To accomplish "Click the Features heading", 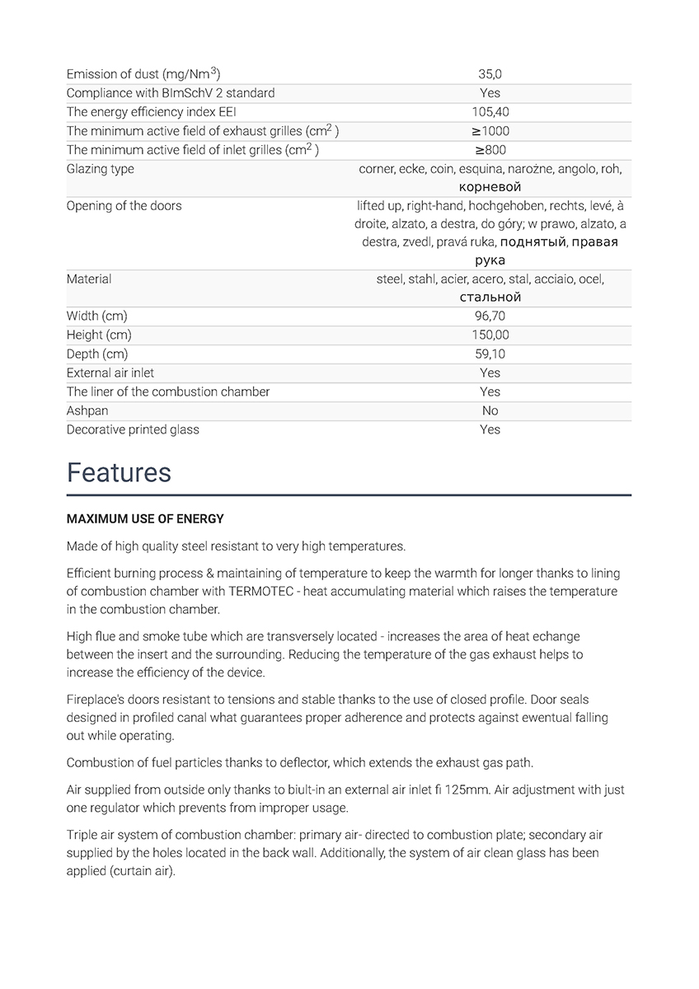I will (x=119, y=472).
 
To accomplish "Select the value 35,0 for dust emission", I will (x=490, y=74).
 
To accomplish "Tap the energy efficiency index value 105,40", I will (x=490, y=112).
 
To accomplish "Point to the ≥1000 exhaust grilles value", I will (x=490, y=131).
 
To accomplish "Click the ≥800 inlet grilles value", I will (x=490, y=150).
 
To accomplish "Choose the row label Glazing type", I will (x=100, y=169).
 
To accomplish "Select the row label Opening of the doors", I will (x=124, y=205).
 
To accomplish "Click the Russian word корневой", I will (x=490, y=187).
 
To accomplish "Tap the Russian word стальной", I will (x=490, y=297).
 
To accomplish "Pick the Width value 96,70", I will (x=490, y=316).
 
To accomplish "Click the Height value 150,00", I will (x=490, y=335).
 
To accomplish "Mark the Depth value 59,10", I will (x=490, y=354).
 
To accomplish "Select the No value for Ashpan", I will (x=490, y=410).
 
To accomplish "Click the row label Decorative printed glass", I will (x=133, y=429).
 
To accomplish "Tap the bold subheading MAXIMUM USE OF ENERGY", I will (x=145, y=519).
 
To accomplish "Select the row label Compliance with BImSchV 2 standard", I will (x=171, y=93).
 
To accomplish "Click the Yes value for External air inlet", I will (x=490, y=373).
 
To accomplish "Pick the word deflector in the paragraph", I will (x=301, y=762).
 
